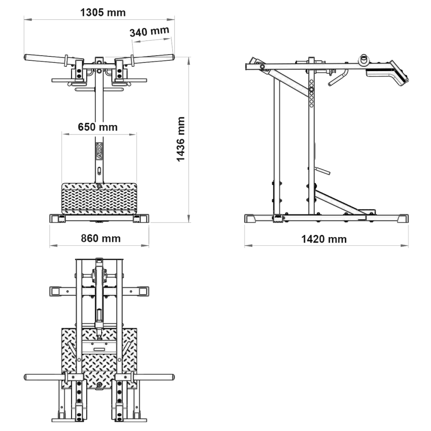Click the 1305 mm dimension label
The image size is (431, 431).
pyautogui.click(x=103, y=12)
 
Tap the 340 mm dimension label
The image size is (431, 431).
pyautogui.click(x=149, y=31)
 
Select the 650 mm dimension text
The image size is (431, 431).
pyautogui.click(x=97, y=127)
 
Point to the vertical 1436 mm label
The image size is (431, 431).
pyautogui.click(x=181, y=139)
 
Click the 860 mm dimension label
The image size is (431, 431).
pyautogui.click(x=100, y=238)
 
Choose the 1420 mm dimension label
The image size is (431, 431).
pyautogui.click(x=324, y=239)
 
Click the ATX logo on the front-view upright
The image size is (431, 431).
pyautogui.click(x=99, y=151)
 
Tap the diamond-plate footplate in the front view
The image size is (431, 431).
pyautogui.click(x=99, y=198)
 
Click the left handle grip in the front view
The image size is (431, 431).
pyautogui.click(x=45, y=58)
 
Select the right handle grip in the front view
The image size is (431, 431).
pyautogui.click(x=153, y=59)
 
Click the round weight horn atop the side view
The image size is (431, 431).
pyautogui.click(x=364, y=60)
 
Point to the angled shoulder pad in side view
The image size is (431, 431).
pyautogui.click(x=400, y=72)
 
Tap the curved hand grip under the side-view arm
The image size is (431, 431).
pyautogui.click(x=338, y=78)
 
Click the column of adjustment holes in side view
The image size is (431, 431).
pyautogui.click(x=312, y=94)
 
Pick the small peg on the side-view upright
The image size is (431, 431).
pyautogui.click(x=322, y=171)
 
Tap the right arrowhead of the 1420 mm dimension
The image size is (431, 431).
pyautogui.click(x=405, y=246)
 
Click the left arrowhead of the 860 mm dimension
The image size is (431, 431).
pyautogui.click(x=53, y=245)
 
